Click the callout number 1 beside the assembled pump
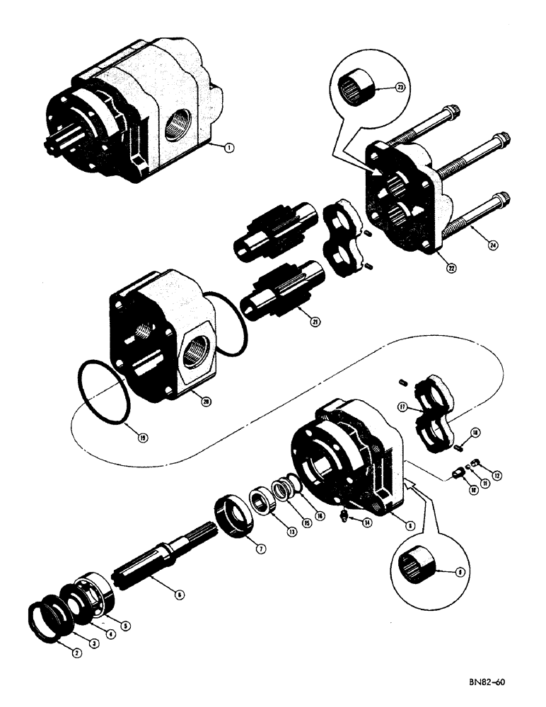coord(228,147)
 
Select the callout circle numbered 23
coord(381,89)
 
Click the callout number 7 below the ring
coord(260,547)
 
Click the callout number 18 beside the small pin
coord(475,431)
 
